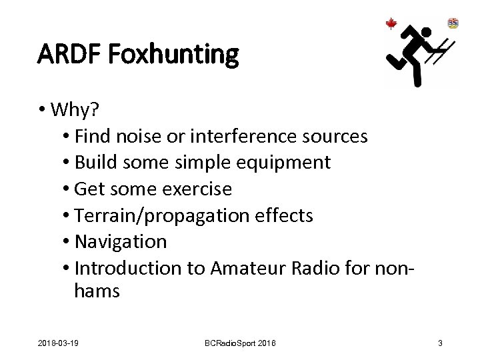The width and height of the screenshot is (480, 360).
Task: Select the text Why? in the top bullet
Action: [73, 109]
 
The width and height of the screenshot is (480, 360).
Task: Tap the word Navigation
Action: [121, 241]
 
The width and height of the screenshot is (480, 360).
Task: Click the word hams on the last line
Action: [97, 291]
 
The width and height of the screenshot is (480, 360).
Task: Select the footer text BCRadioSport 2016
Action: [239, 343]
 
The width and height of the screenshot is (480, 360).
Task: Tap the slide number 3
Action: [440, 343]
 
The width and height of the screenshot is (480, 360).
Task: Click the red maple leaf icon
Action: [391, 24]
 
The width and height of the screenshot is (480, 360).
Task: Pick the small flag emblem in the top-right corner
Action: [453, 23]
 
